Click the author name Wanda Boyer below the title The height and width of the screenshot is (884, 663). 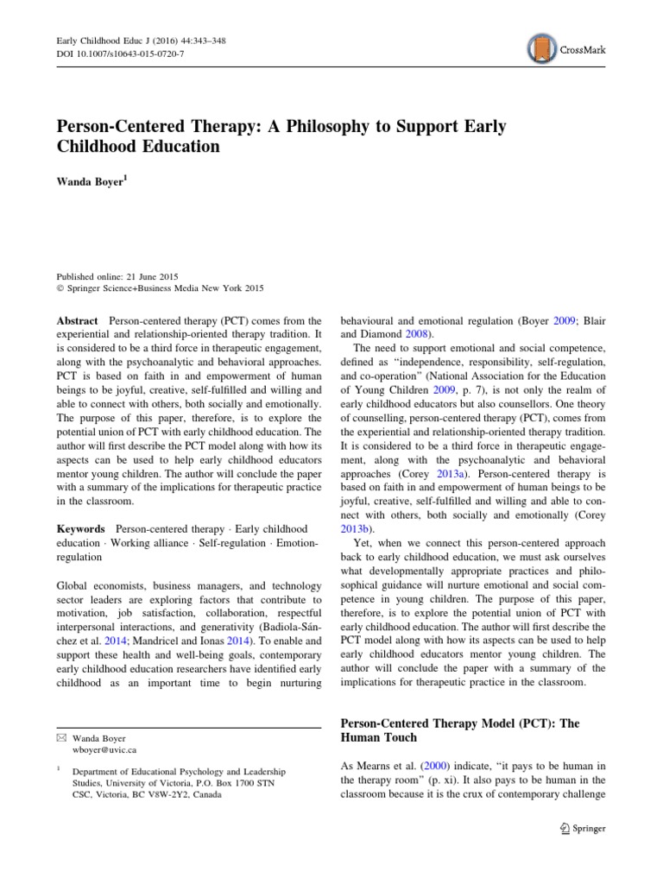coord(91,181)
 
